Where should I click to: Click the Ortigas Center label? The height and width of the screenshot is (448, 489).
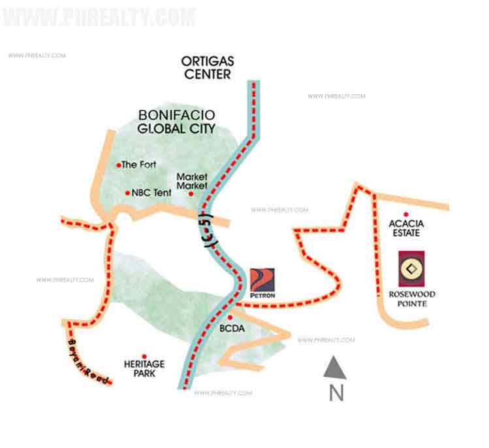click(x=208, y=67)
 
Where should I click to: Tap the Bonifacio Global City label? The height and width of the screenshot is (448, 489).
click(x=176, y=121)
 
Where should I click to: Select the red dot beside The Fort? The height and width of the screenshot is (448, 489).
click(x=118, y=165)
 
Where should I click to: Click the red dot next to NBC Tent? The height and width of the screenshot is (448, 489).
click(x=127, y=193)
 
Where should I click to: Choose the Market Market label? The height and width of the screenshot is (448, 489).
click(x=193, y=181)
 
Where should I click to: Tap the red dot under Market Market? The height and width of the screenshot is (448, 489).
click(x=191, y=194)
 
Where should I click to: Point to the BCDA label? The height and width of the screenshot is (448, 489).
click(x=232, y=328)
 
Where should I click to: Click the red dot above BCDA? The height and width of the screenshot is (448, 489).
click(x=230, y=317)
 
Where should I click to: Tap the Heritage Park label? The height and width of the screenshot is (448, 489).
click(x=144, y=368)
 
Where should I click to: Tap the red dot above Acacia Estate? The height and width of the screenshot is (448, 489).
click(x=406, y=215)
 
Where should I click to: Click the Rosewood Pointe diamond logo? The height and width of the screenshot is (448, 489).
click(x=411, y=269)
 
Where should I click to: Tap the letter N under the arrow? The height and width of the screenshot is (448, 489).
click(x=336, y=393)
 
